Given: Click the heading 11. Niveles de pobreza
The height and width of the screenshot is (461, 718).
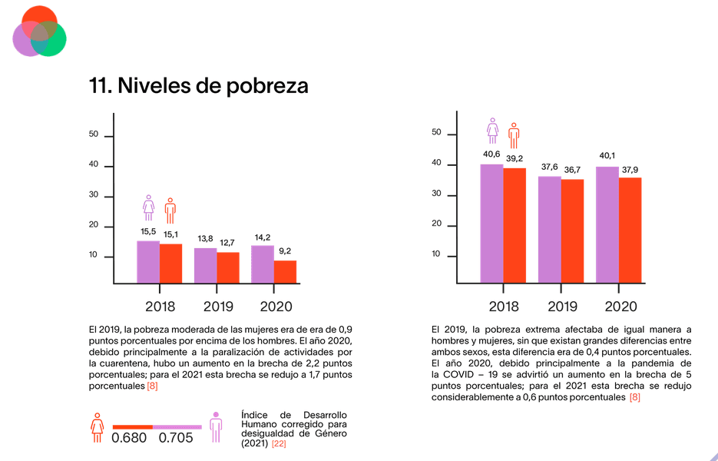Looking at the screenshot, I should point(199,86).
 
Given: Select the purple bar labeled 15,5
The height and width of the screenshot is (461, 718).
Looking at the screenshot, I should point(148,263).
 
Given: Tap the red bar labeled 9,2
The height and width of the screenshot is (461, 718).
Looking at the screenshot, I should point(285,273).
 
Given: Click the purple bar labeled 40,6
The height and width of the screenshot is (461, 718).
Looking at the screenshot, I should point(491,224).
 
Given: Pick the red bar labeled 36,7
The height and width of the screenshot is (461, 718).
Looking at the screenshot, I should point(572,231).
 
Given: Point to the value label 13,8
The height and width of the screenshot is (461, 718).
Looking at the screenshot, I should point(205,239).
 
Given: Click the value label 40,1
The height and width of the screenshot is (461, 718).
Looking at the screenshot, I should point(607,156).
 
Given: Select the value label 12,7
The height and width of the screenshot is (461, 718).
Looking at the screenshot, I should point(227,243).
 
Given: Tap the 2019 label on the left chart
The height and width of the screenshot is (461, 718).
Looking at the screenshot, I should point(218,307).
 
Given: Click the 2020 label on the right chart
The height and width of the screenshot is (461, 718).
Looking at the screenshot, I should point(620,307).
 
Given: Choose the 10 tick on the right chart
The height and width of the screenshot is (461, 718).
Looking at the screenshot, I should point(435,255).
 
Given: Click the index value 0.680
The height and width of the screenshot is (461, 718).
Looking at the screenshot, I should point(129,438).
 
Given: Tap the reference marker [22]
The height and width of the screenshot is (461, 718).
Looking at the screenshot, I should point(278,443).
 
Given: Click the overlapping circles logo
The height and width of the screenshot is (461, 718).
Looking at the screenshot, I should point(40,32).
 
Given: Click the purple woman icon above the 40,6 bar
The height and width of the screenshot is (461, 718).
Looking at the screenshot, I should point(492,131).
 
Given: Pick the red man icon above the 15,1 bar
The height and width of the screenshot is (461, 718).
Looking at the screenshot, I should point(170,210).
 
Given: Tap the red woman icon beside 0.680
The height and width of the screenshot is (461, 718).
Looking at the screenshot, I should point(97,427).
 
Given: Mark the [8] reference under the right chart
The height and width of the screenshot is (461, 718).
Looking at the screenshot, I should point(634,397).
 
